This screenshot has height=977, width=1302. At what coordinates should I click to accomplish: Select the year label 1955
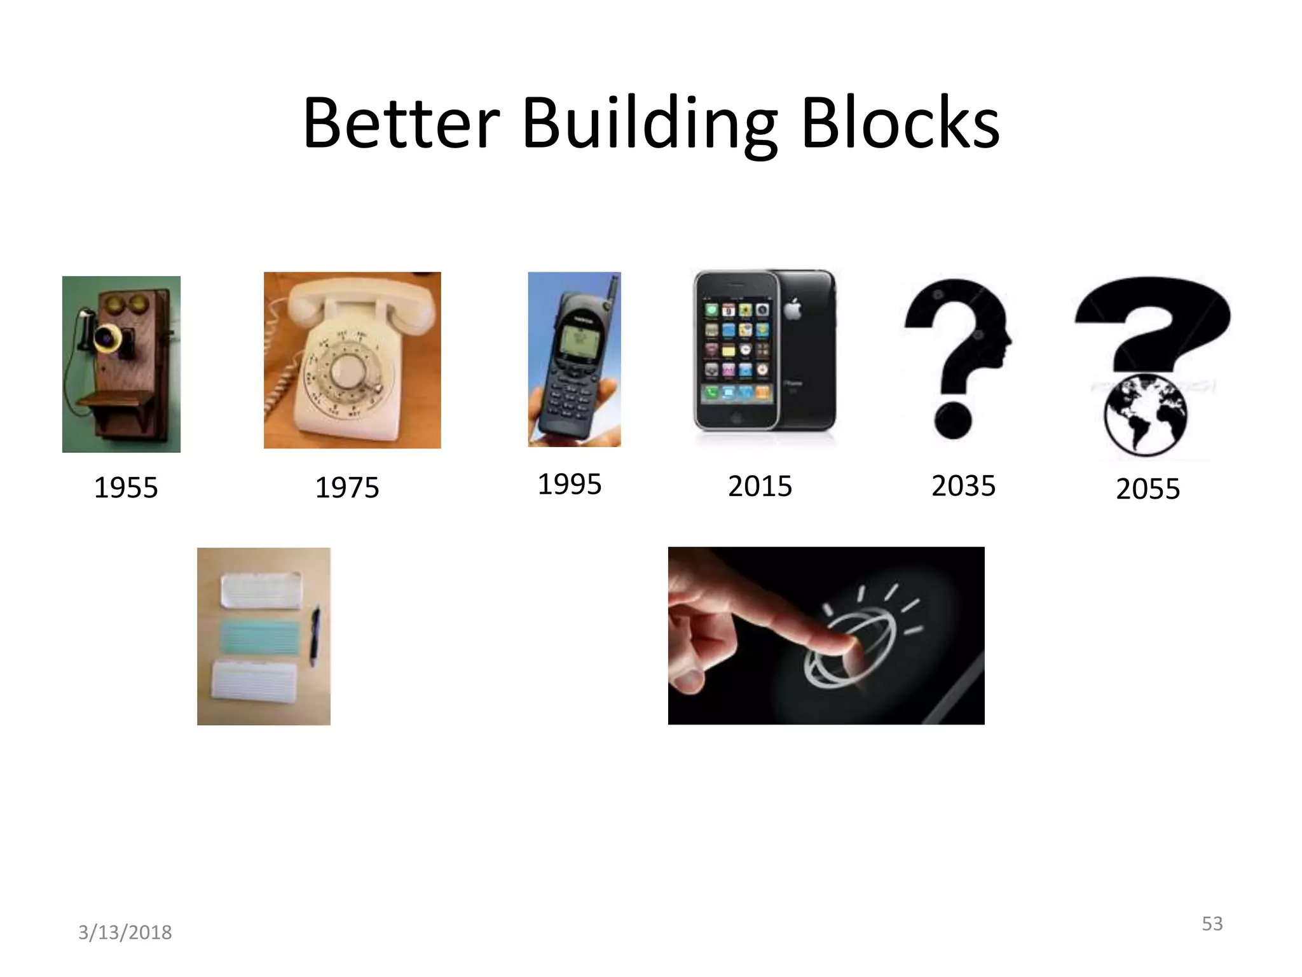126,488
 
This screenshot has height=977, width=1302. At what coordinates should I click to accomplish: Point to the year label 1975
347,488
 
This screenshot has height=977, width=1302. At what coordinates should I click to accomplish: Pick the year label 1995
570,484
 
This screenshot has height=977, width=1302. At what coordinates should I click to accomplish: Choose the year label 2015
760,487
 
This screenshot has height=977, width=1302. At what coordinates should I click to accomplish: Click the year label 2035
963,486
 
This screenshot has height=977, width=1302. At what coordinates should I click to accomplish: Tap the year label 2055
1148,488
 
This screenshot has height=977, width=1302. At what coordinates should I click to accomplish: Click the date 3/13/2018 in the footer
125,932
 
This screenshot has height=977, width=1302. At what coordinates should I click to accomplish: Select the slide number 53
1212,923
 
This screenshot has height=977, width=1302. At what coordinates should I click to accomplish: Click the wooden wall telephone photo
121,364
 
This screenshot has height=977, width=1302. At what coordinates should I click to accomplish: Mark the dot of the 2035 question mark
953,420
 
